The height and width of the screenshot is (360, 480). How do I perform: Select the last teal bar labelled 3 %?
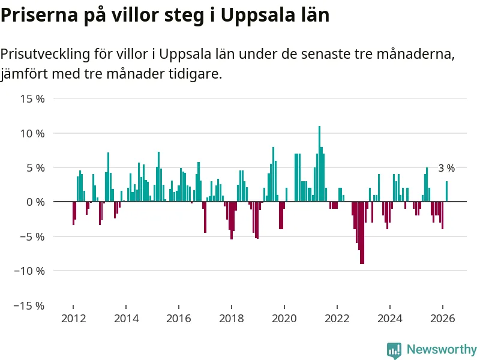446,191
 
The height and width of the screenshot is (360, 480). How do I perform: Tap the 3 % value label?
446,169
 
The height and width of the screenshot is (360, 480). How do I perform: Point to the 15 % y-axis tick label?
33,98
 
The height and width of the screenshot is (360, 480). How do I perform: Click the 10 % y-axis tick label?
33,133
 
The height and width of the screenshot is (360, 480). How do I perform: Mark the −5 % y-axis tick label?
33,236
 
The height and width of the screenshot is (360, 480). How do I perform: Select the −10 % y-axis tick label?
31,271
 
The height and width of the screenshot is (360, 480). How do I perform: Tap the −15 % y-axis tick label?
31,305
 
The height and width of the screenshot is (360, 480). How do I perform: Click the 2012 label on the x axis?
73,319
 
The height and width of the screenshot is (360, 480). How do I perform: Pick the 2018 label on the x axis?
232,319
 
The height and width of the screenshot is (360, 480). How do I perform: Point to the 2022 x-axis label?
337,319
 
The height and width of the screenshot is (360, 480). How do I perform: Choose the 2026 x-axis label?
443,319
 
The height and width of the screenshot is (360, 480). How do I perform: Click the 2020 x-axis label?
284,319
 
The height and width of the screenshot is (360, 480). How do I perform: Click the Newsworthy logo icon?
394,350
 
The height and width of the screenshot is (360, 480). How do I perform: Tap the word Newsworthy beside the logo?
442,349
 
